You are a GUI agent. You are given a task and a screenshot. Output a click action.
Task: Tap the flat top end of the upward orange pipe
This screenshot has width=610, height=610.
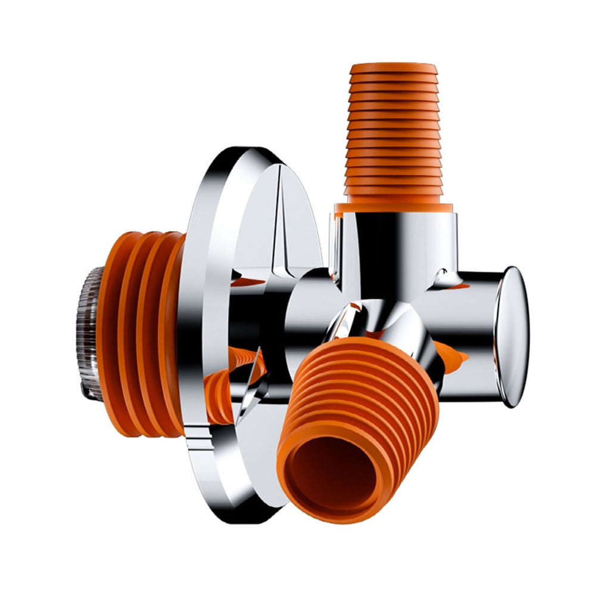(394, 67)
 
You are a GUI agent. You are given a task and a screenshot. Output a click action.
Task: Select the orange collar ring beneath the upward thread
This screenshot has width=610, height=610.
(393, 208)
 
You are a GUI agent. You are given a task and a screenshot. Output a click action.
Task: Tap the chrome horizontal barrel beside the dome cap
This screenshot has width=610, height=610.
(471, 322)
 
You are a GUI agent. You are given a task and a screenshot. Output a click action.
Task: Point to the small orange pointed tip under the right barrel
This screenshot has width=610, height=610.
(459, 357)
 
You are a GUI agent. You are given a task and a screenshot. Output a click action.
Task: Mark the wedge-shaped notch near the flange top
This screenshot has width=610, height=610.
(280, 220)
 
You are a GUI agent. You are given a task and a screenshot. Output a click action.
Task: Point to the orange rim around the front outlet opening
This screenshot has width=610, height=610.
(292, 477)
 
